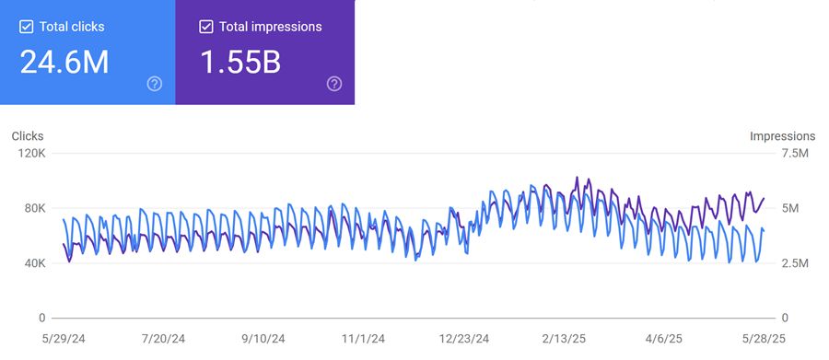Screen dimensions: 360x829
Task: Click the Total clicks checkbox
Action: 26,27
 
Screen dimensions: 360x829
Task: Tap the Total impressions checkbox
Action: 206,27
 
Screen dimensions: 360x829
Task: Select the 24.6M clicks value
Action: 64,63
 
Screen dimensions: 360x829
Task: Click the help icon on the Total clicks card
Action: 155,84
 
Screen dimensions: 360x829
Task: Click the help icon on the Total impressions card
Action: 334,84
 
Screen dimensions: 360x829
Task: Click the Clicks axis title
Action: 28,136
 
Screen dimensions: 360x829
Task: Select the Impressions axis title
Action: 782,136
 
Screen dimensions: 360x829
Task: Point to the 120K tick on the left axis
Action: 31,153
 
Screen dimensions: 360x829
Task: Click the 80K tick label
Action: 34,208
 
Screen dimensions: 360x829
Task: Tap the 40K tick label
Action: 34,263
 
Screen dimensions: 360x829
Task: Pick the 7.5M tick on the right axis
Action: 795,153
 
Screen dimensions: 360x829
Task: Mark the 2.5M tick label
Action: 795,263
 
